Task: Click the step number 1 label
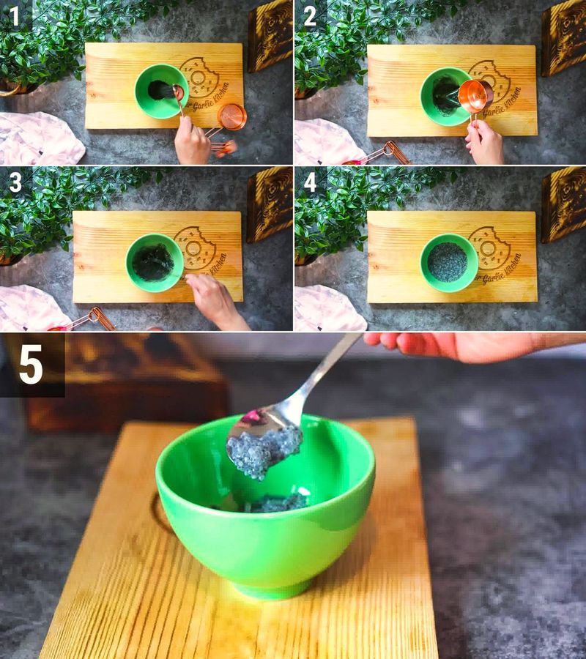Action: pos(15,16)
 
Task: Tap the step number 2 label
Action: pos(310,16)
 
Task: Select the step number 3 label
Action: pos(15,182)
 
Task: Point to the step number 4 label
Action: pos(310,182)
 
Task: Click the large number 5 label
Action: pos(31,365)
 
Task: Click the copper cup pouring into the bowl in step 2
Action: pos(475,95)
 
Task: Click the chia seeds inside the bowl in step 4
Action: pos(448,262)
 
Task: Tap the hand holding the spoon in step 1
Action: pos(192,141)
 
